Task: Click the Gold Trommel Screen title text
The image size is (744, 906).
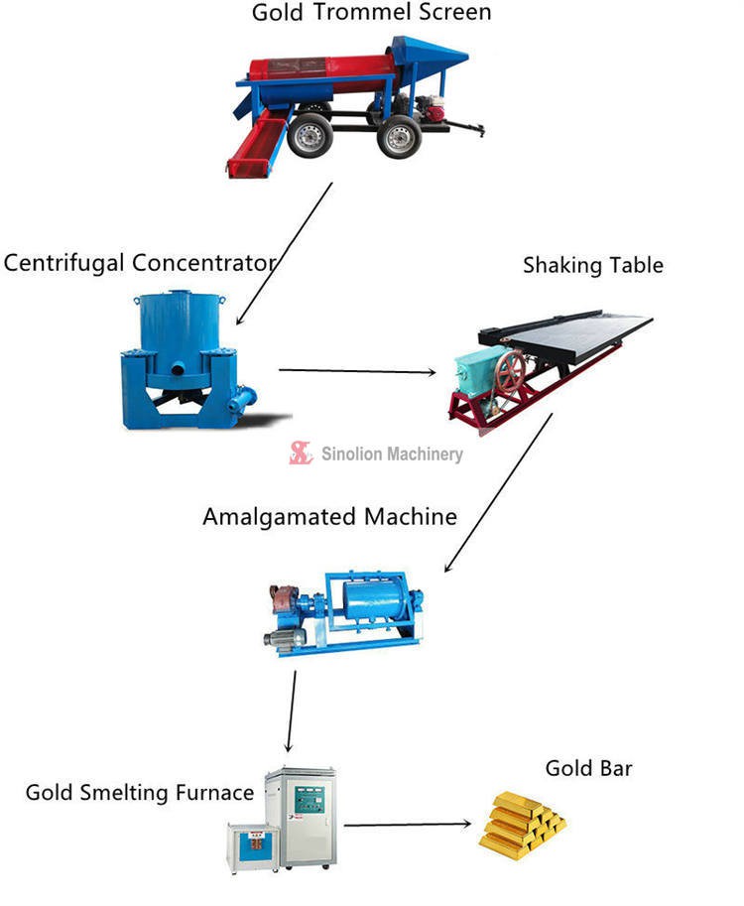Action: click(x=371, y=13)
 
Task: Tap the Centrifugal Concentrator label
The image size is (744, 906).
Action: click(x=138, y=263)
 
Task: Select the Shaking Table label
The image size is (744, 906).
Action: click(x=592, y=265)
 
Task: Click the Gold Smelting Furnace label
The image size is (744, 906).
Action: click(x=139, y=792)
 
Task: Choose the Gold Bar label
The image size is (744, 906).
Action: click(x=588, y=768)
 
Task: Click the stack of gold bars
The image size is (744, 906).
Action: click(x=521, y=823)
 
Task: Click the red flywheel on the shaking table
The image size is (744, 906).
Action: click(x=511, y=374)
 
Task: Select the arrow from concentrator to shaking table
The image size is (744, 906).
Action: click(x=357, y=372)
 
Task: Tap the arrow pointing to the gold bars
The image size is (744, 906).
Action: click(x=407, y=825)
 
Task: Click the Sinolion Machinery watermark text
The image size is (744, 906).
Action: click(x=392, y=453)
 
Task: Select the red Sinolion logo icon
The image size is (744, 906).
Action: click(x=301, y=453)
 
